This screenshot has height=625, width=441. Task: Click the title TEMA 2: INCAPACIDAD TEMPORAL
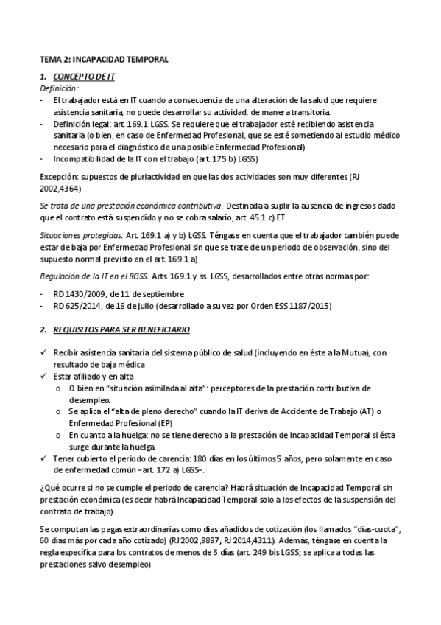tap(104, 58)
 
